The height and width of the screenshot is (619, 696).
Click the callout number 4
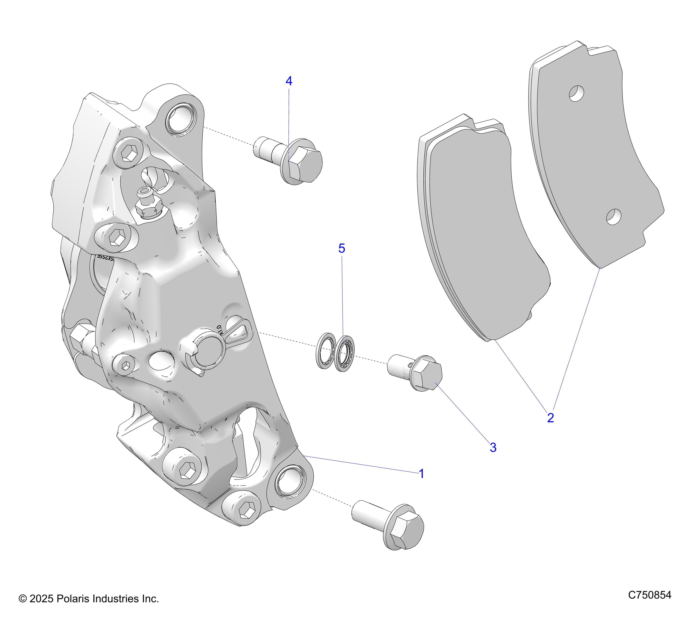point(289,81)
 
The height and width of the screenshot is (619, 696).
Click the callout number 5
point(342,248)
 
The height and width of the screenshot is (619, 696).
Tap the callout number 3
point(493,447)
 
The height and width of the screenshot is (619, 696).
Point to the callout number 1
point(421,474)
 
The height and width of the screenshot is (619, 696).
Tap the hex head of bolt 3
point(429,375)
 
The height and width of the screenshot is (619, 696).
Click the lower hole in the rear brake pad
point(614,217)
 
